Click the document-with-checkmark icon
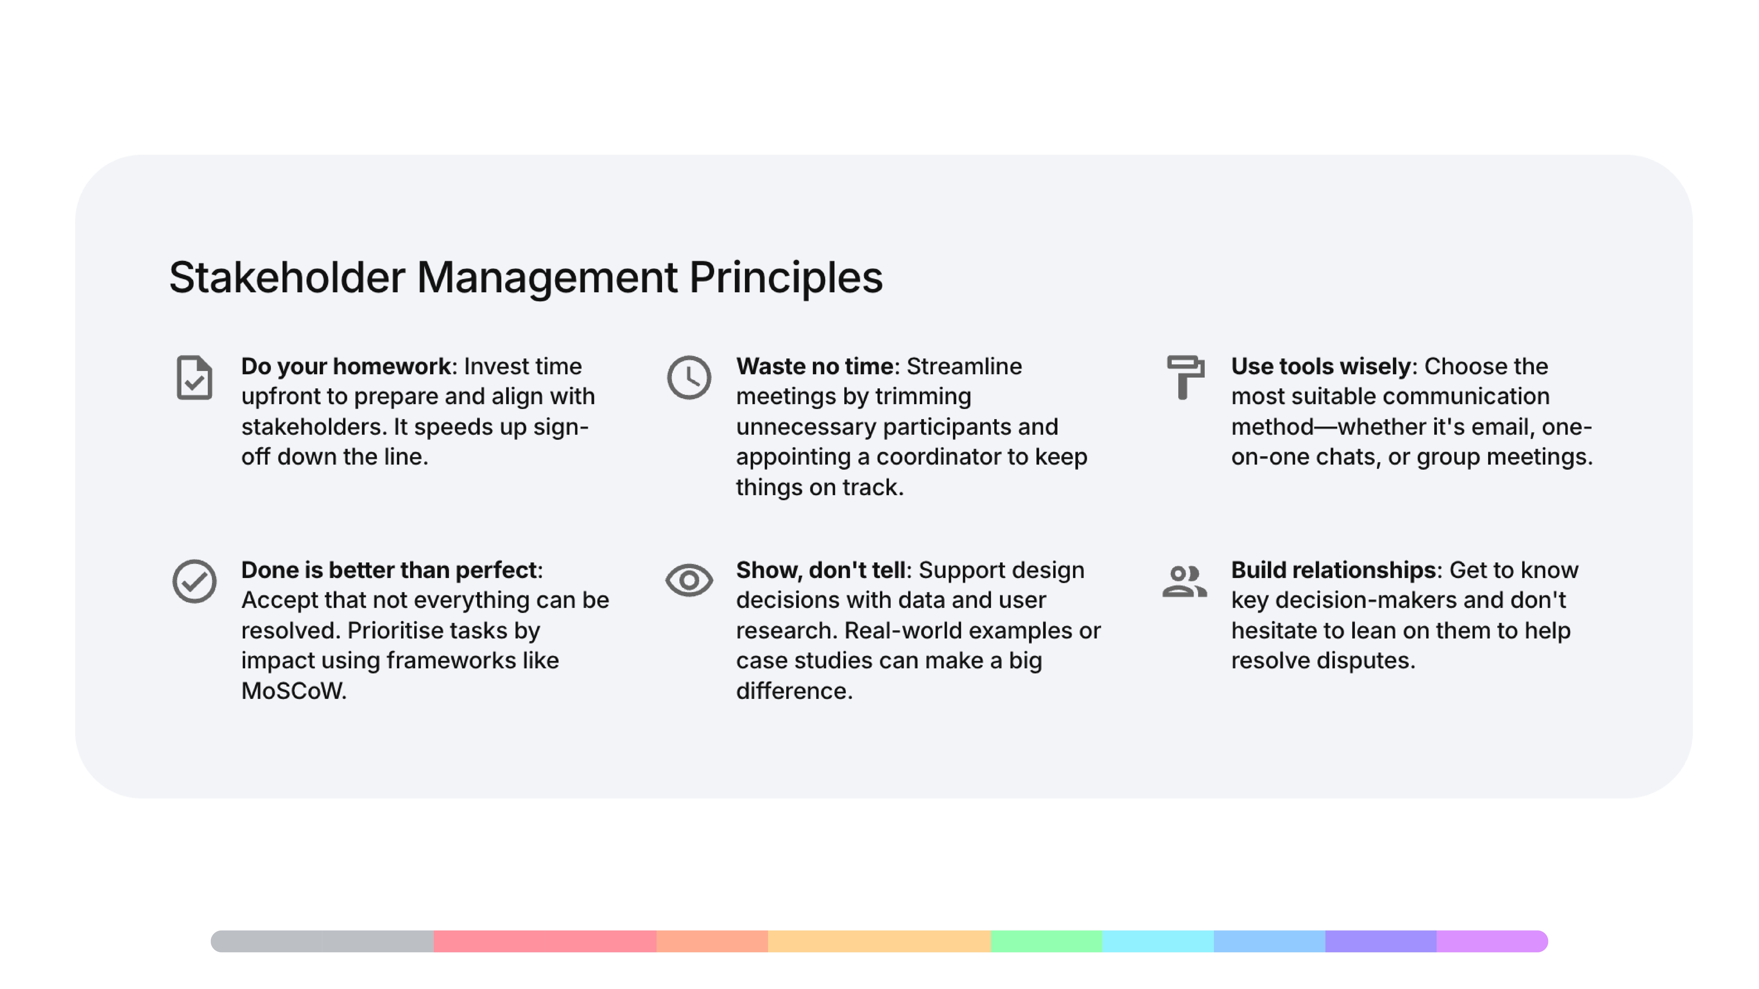click(195, 377)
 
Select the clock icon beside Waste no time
click(689, 377)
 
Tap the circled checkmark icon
click(195, 581)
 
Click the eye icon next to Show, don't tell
click(689, 580)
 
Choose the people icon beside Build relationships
click(1185, 581)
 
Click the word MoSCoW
click(294, 691)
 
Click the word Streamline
click(964, 367)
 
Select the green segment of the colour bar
click(1046, 941)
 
